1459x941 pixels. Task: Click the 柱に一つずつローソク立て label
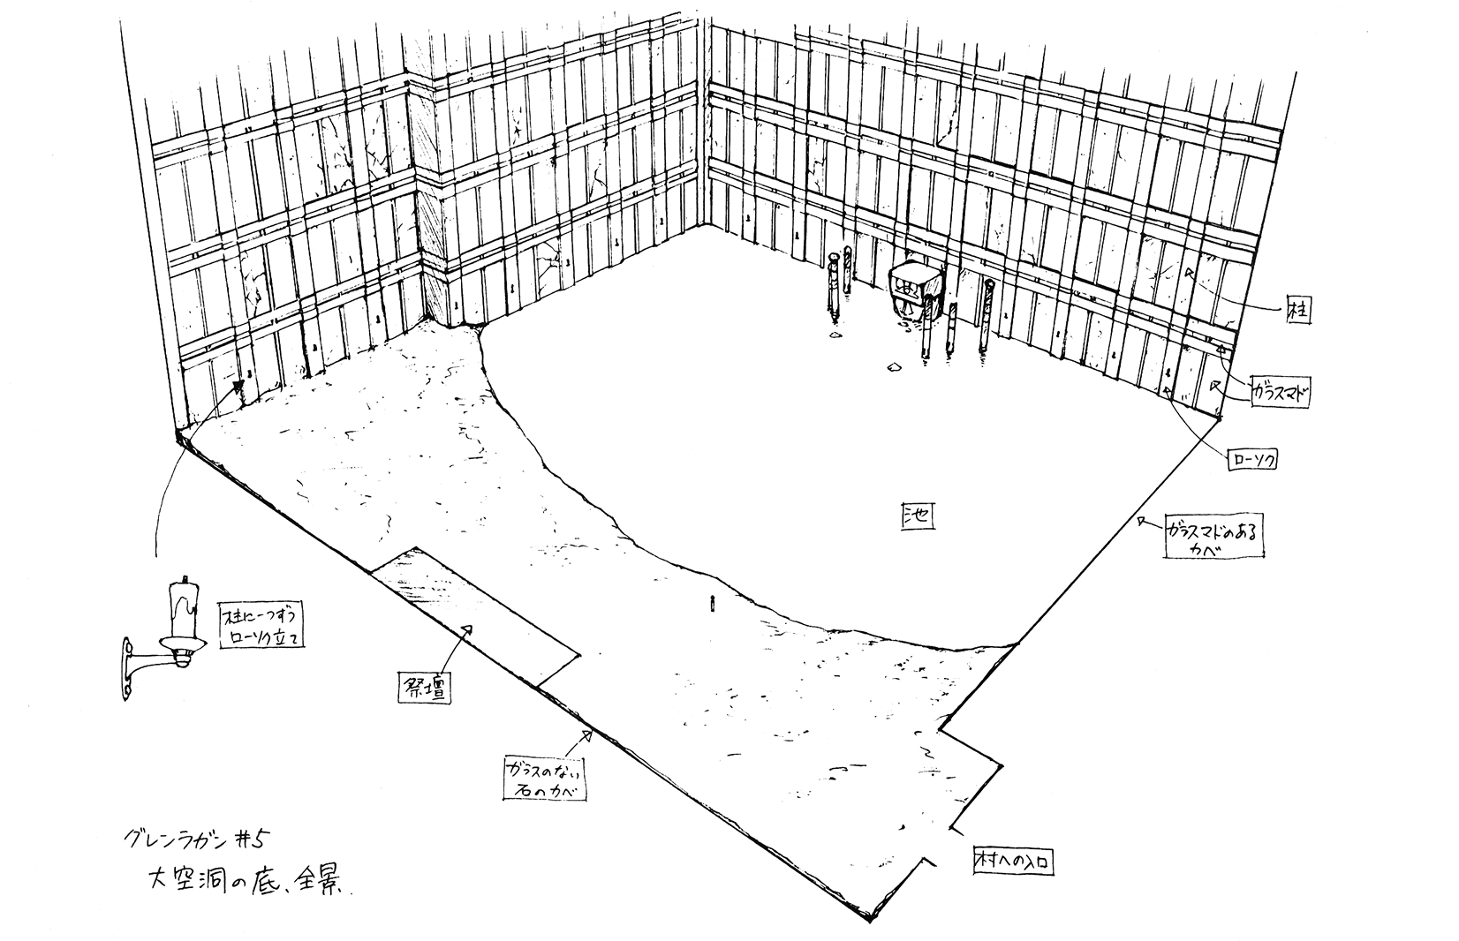click(x=261, y=625)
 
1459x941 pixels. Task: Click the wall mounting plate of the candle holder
click(x=128, y=672)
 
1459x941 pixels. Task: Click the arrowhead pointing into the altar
click(x=469, y=629)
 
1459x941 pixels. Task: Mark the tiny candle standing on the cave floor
click(x=710, y=604)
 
